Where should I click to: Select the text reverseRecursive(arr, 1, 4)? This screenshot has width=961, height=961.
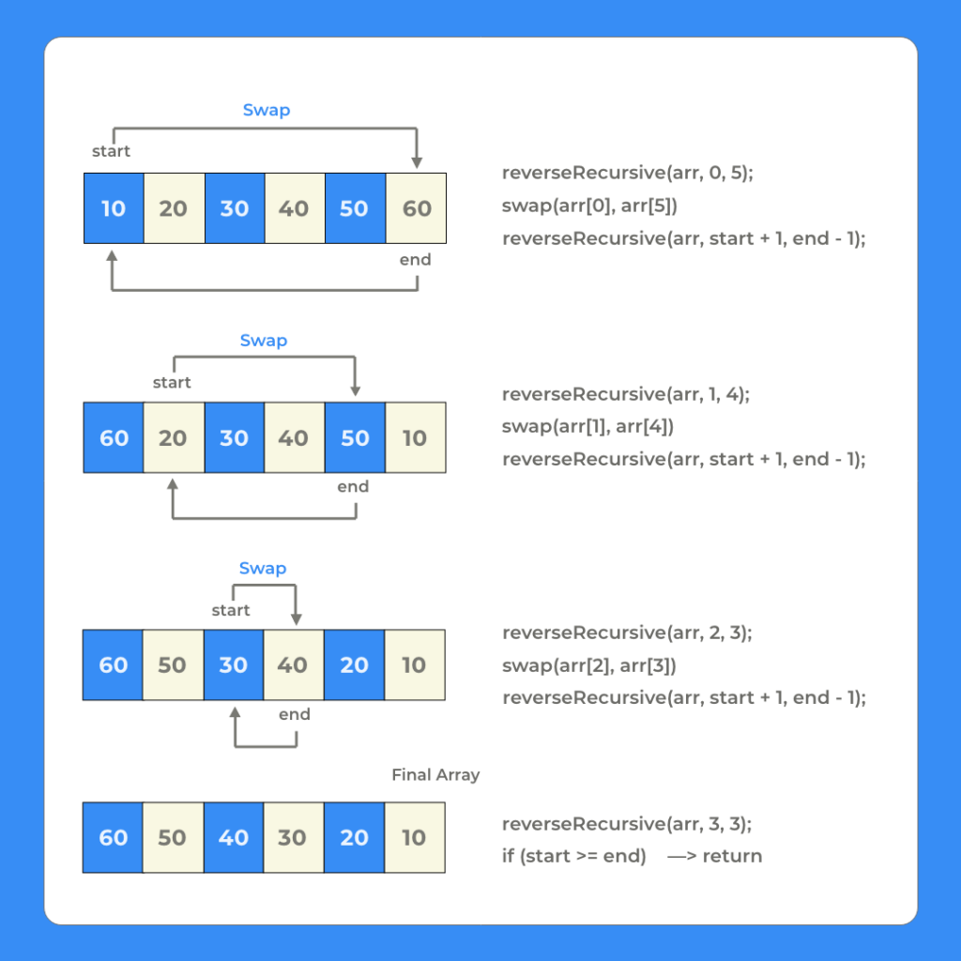626,394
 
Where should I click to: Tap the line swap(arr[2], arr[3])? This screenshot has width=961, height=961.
588,665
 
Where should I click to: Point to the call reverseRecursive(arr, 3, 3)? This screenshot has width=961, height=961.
627,824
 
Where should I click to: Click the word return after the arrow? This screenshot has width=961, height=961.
732,856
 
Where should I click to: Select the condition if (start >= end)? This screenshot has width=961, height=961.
573,856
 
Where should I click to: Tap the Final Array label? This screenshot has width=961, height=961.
435,775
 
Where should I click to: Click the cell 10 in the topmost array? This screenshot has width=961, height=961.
114,208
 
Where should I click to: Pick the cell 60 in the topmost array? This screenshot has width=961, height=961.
416,208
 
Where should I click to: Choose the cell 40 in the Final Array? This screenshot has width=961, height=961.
234,837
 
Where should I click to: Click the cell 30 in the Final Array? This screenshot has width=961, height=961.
293,837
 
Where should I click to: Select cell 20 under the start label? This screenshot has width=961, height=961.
174,437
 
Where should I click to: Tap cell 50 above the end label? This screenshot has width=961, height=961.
355,437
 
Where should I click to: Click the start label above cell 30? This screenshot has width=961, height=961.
231,611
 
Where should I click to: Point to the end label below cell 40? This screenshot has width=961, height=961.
295,715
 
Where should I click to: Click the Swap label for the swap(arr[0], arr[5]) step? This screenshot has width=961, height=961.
267,110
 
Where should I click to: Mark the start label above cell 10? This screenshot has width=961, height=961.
111,151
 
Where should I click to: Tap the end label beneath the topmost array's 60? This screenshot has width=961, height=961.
415,260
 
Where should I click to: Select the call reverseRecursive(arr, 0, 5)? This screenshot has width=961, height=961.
627,173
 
